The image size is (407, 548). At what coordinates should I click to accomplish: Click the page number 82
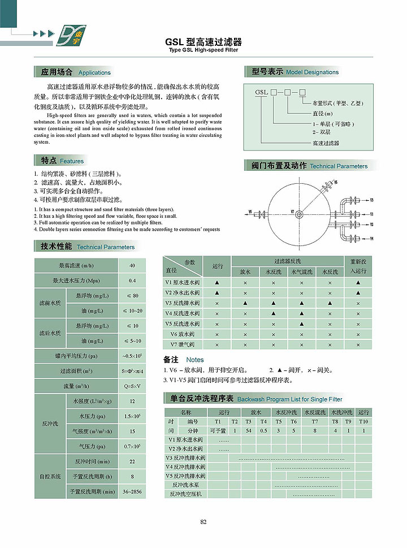pyautogui.click(x=203, y=521)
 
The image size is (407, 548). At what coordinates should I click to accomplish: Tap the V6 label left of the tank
pyautogui.click(x=250, y=212)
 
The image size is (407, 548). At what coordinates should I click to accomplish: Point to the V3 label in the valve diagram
pyautogui.click(x=371, y=200)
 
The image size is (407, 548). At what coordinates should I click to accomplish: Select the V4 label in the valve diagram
pyautogui.click(x=371, y=239)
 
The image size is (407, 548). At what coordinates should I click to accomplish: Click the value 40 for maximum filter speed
pyautogui.click(x=132, y=265)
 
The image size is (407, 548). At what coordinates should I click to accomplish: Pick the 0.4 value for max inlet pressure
pyautogui.click(x=132, y=281)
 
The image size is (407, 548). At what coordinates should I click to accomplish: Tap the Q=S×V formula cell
pyautogui.click(x=132, y=387)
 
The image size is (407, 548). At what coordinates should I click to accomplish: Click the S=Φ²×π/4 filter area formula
pyautogui.click(x=132, y=372)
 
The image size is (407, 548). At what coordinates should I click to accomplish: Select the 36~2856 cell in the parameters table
pyautogui.click(x=132, y=492)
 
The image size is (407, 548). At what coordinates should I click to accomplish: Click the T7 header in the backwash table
pyautogui.click(x=315, y=421)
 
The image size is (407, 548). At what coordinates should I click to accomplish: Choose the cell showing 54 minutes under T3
pyautogui.click(x=249, y=430)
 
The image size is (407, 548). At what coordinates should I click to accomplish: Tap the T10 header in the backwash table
pyautogui.click(x=363, y=421)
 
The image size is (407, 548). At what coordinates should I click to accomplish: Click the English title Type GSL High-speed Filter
pyautogui.click(x=203, y=50)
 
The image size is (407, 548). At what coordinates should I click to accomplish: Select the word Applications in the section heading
pyautogui.click(x=94, y=73)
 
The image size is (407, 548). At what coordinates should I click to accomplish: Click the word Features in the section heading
pyautogui.click(x=72, y=161)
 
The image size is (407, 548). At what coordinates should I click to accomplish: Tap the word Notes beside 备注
pyautogui.click(x=195, y=360)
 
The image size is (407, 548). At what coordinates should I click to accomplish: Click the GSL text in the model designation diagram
pyautogui.click(x=261, y=92)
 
